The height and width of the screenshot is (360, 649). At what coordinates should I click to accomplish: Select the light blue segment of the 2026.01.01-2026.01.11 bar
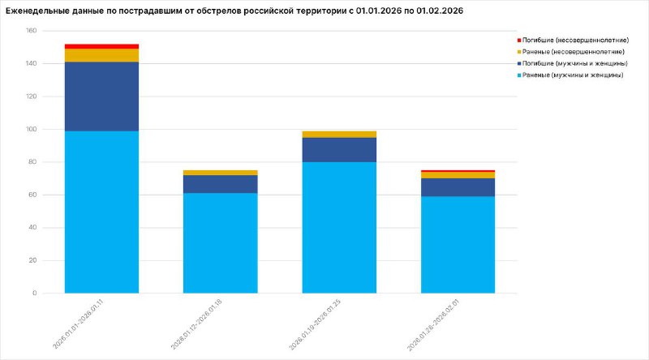click(x=101, y=212)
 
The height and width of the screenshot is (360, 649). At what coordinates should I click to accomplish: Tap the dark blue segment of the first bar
click(x=101, y=96)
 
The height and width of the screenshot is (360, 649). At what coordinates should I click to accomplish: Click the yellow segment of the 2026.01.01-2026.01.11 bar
click(x=101, y=55)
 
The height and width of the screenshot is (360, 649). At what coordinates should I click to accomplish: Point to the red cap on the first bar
click(x=101, y=46)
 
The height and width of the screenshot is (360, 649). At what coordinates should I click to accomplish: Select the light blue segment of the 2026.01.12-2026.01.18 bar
click(x=220, y=242)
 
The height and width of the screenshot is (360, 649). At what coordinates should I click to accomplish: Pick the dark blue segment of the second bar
click(x=220, y=184)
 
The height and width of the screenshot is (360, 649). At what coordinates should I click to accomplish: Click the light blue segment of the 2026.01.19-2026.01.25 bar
click(x=339, y=227)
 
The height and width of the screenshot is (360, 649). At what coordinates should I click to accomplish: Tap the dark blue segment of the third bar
click(x=339, y=150)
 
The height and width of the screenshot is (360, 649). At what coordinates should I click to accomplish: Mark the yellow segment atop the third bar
click(x=339, y=135)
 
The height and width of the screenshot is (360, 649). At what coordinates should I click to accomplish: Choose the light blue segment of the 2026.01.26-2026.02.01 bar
click(x=458, y=244)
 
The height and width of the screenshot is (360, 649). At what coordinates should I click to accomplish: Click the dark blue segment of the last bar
click(x=458, y=187)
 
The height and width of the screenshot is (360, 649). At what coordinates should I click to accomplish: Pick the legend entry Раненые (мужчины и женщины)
click(x=571, y=75)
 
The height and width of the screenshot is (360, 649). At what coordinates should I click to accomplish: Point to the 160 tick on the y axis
click(x=32, y=31)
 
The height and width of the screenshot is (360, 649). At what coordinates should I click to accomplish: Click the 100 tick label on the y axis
click(x=32, y=130)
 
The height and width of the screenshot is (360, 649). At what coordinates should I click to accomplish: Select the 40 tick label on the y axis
click(x=33, y=228)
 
